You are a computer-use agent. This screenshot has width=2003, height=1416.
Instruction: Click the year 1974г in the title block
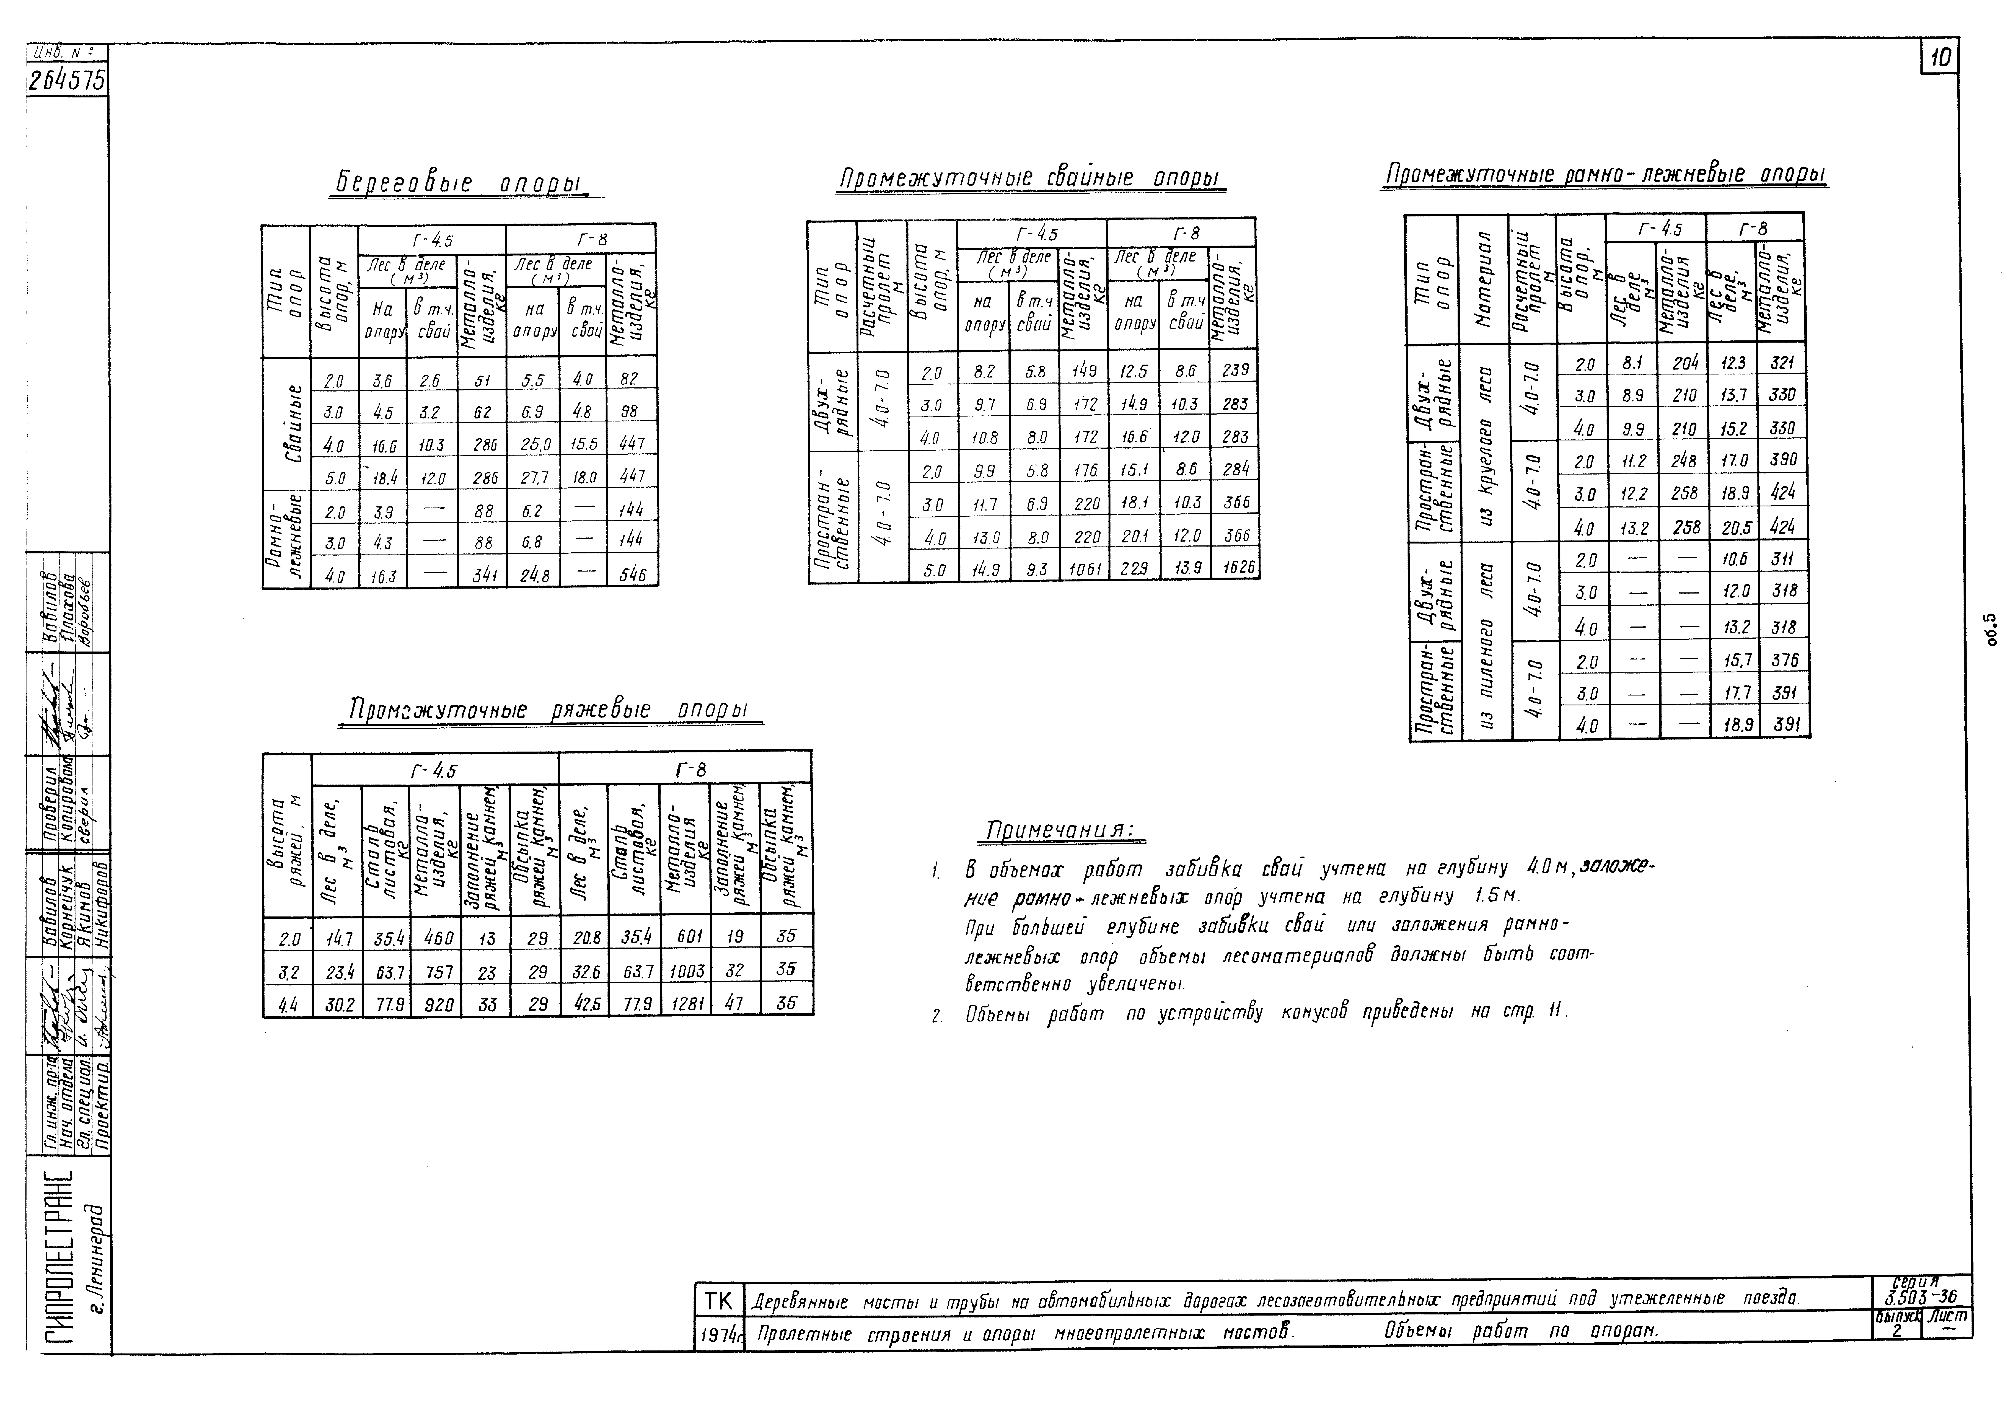click(720, 1334)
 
